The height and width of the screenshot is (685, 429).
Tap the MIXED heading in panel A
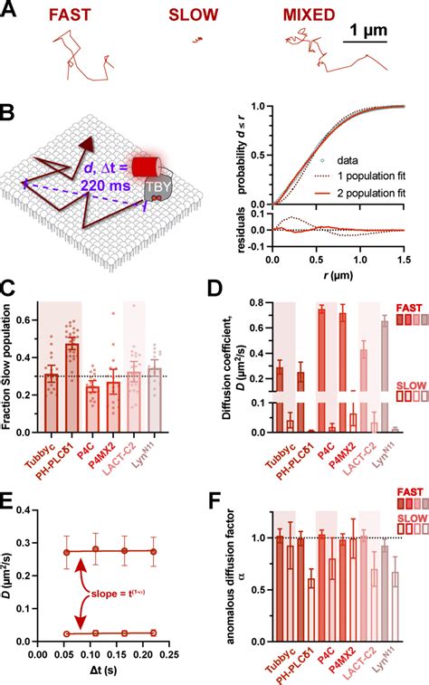point(309,14)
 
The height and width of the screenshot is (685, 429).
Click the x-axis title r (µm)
point(343,273)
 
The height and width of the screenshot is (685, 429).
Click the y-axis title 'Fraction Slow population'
point(8,362)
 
